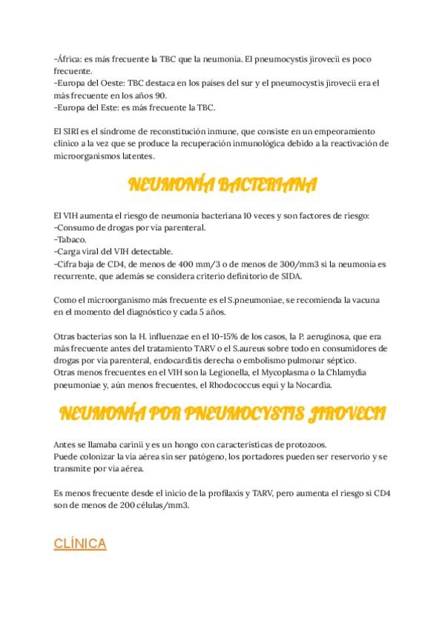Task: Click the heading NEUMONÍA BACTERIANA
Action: pyautogui.click(x=222, y=185)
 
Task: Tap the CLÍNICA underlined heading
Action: pyautogui.click(x=80, y=544)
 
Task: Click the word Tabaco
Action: pyautogui.click(x=71, y=239)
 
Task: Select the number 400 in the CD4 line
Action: pyautogui.click(x=188, y=263)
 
